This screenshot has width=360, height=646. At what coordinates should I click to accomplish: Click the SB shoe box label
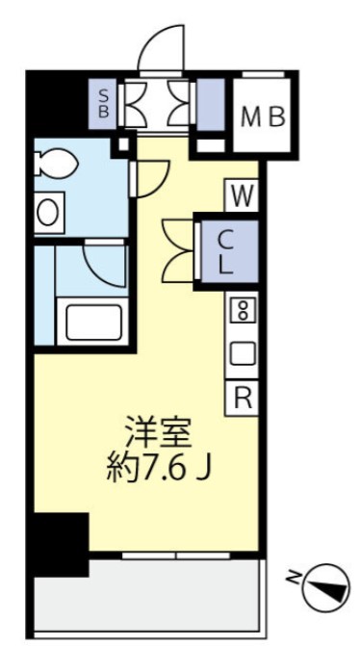tap(105, 102)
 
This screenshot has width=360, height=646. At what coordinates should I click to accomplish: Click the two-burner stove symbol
tap(243, 312)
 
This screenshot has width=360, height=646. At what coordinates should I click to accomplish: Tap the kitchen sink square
tap(243, 353)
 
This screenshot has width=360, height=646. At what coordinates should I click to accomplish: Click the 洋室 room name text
tap(152, 426)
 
